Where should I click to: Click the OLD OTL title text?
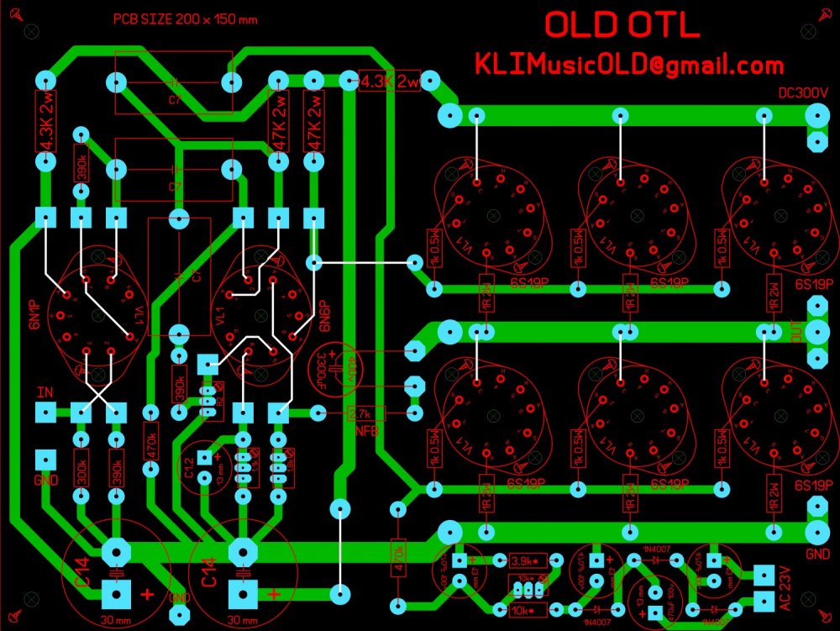[x=621, y=25]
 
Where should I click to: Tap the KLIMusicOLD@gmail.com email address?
[x=629, y=65]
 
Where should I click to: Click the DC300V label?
[x=804, y=94]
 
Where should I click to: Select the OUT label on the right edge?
[x=795, y=334]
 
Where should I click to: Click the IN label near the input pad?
[x=45, y=393]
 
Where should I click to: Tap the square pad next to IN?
[x=45, y=413]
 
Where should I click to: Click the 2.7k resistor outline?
[x=365, y=413]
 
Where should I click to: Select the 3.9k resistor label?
[x=524, y=560]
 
